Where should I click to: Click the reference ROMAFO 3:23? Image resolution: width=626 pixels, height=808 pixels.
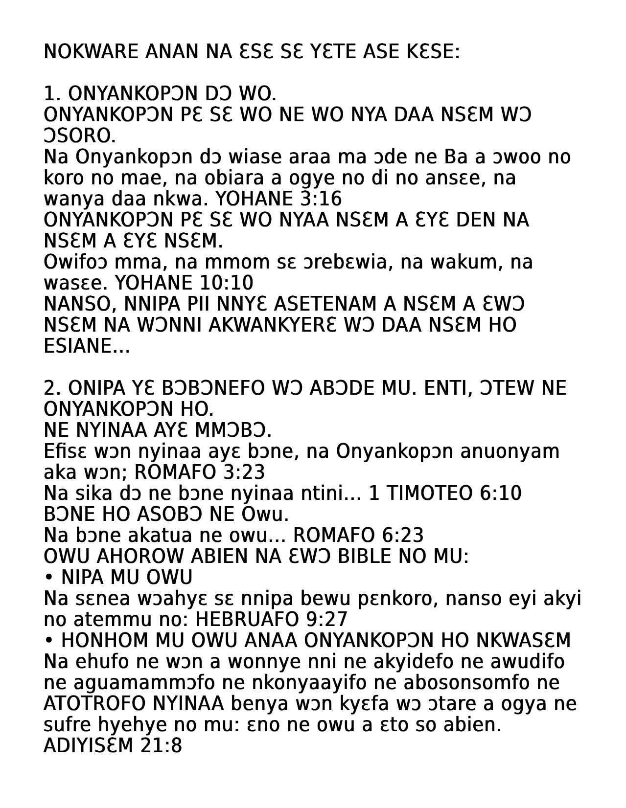(199, 472)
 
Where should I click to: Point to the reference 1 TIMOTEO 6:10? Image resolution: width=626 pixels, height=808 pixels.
(444, 494)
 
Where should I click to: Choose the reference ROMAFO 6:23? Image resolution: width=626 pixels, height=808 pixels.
(358, 536)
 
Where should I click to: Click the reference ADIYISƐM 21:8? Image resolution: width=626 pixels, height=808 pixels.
(113, 746)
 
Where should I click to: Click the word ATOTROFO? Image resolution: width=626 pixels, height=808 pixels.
(94, 704)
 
